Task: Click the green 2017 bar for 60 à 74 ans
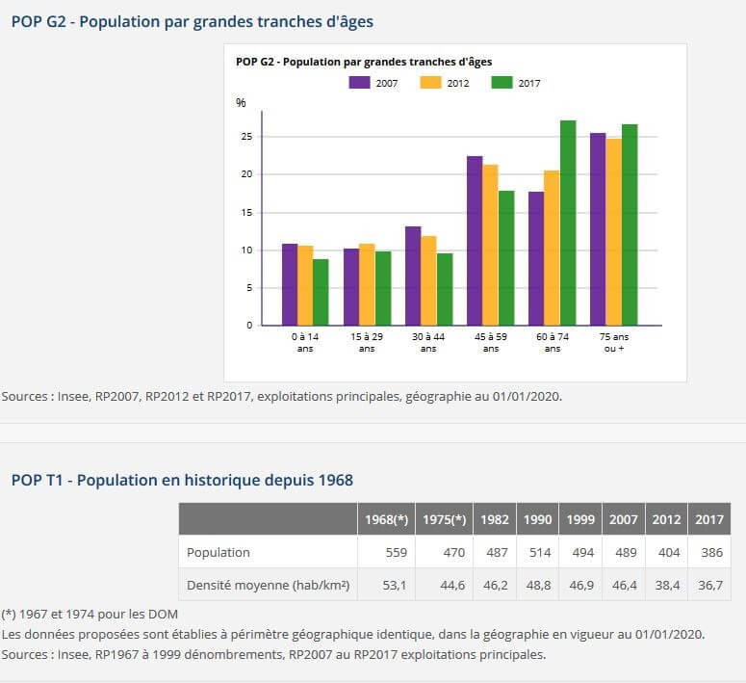tap(568, 223)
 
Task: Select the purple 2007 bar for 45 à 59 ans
tap(475, 240)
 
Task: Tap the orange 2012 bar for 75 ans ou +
tap(614, 231)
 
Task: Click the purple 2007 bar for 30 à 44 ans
tap(413, 276)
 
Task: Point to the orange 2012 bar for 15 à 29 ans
tap(367, 284)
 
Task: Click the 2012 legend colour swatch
tap(430, 83)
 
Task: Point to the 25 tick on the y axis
tap(246, 137)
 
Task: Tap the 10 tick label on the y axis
tap(246, 250)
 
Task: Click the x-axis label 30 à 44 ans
tap(428, 342)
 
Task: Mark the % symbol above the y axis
tap(241, 103)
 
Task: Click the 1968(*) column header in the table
tap(387, 519)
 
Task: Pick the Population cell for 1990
tap(537, 552)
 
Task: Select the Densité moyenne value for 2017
tap(708, 585)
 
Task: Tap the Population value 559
tap(397, 552)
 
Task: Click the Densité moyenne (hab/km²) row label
tap(268, 585)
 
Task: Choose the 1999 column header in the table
tap(580, 519)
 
